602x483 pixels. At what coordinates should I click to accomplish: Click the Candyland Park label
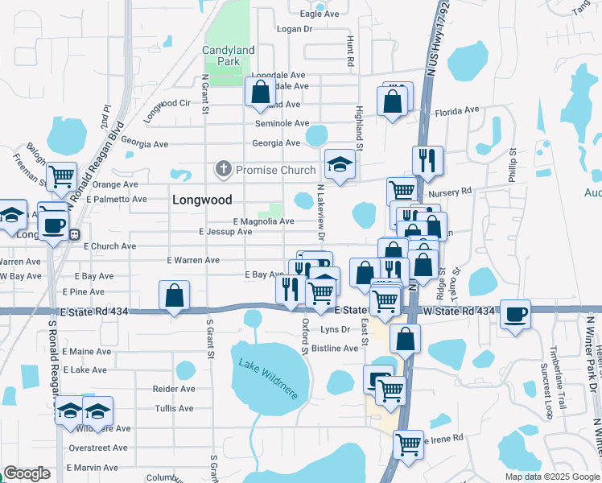click(229, 56)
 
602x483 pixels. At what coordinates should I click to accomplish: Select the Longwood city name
click(202, 200)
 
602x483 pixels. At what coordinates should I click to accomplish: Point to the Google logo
click(27, 473)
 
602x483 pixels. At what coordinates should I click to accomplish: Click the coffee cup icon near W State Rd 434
click(515, 315)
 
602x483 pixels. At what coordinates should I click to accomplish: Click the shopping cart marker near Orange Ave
click(61, 176)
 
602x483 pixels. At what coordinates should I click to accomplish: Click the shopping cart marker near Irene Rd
click(408, 443)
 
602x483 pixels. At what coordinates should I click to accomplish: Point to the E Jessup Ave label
click(225, 232)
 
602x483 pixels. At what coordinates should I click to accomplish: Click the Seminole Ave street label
click(282, 124)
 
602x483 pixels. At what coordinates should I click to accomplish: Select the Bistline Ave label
click(335, 349)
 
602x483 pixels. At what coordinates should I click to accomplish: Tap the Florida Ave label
click(456, 112)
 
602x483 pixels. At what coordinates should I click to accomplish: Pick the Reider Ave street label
click(174, 389)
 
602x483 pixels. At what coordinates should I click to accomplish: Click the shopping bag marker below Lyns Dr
click(406, 338)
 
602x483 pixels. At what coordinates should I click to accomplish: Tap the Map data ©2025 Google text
click(551, 477)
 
